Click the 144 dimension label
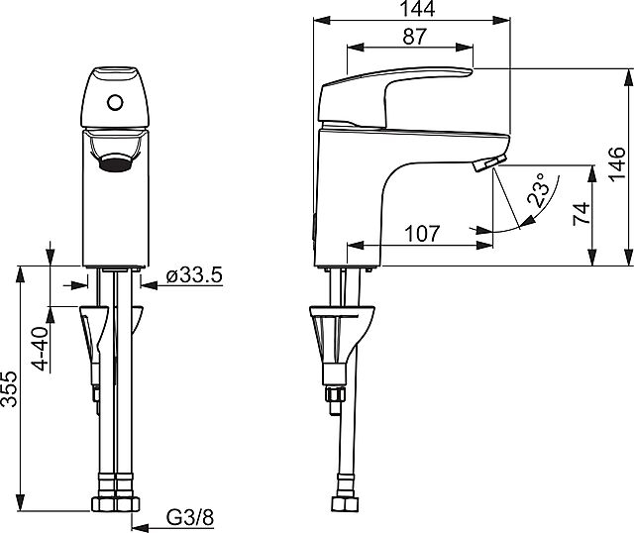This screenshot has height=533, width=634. point(418,9)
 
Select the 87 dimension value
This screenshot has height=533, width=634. point(414,37)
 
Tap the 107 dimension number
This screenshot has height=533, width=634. point(422,234)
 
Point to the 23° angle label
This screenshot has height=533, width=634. point(537,189)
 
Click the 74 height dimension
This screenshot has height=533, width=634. point(582,213)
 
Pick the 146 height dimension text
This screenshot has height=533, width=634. point(617,164)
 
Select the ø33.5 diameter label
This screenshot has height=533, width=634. point(194,275)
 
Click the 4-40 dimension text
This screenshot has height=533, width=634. point(41,349)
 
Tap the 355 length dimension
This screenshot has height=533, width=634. point(9,388)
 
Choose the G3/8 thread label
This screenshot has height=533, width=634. point(190,517)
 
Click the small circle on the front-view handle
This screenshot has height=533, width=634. point(115,102)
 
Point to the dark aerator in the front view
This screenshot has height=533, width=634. point(115,162)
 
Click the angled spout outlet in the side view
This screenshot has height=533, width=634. point(489,163)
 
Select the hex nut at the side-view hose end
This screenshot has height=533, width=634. point(345,504)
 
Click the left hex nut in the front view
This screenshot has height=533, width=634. point(104,504)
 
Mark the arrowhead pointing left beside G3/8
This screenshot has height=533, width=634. point(140,527)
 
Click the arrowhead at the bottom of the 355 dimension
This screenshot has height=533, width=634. point(20,502)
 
